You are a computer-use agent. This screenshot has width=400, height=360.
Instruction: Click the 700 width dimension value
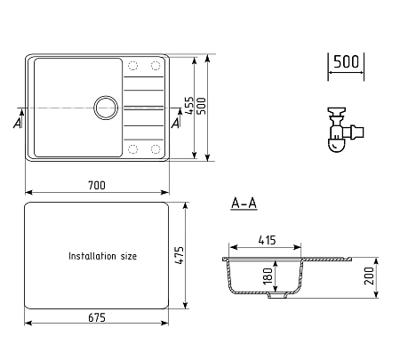point(97,186)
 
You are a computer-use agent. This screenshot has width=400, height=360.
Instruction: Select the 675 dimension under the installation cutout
point(97,317)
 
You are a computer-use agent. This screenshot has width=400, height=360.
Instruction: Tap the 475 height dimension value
point(179,255)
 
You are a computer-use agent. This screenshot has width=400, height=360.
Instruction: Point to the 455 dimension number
point(188,105)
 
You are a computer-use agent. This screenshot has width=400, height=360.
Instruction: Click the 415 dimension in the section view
point(267,240)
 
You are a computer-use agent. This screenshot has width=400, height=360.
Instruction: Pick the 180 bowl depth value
point(268,276)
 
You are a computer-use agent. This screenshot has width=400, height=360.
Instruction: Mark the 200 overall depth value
point(369,276)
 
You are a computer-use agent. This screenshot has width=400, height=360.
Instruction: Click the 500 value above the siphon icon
point(346,61)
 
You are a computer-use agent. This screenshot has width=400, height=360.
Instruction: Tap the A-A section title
point(244,204)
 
